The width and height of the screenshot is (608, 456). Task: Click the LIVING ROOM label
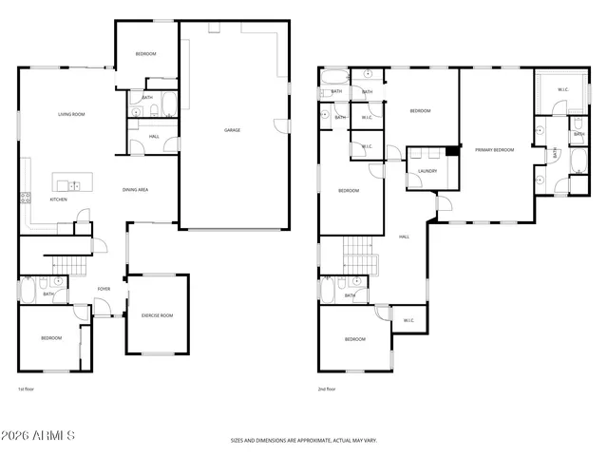coord(71,114)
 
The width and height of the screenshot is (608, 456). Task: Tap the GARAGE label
coord(231,130)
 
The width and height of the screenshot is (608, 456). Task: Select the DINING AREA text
coord(135,190)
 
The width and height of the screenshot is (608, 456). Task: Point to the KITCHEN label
coord(58,199)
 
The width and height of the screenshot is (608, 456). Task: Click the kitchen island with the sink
coord(67,184)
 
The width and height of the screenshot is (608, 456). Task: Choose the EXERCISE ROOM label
coord(157,314)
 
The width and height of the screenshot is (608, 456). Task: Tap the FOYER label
coord(104,289)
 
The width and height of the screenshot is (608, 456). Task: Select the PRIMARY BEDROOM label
coord(495,150)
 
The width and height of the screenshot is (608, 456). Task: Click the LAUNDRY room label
coord(427,171)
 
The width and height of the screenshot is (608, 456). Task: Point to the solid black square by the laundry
coord(453,150)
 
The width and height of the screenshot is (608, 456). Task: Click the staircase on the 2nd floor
coord(358,256)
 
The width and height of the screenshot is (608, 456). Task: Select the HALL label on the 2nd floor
coord(404,237)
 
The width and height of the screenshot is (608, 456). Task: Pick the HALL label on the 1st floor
coord(154,136)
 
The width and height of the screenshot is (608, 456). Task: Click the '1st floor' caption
coord(27,389)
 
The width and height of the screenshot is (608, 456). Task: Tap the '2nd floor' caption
coord(328,389)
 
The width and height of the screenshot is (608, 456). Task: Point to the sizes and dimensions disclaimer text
coord(303,440)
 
